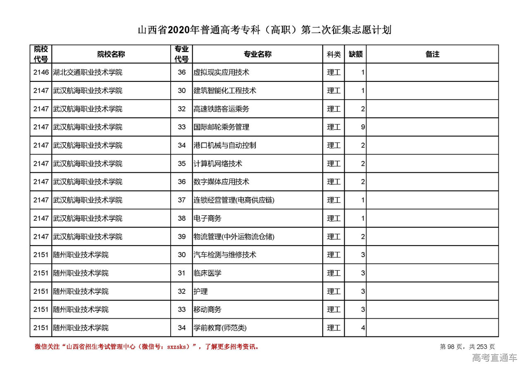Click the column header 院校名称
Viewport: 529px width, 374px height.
coord(111,54)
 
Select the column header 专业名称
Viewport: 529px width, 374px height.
coord(257,54)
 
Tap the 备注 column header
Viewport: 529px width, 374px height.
coord(432,54)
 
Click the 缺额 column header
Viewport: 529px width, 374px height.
coord(355,54)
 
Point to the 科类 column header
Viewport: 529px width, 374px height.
coord(334,54)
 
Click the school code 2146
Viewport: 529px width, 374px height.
coord(41,72)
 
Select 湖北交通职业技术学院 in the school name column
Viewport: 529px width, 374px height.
coord(88,72)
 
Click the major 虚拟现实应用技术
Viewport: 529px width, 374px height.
coord(221,72)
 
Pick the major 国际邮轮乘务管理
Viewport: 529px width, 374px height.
coord(221,127)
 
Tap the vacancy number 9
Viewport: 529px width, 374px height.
coord(362,127)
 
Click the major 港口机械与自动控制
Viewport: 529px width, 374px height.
coord(224,145)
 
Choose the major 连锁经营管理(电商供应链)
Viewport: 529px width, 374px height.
coord(234,200)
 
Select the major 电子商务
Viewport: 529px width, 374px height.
coord(207,218)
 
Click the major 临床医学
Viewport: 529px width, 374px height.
coord(207,273)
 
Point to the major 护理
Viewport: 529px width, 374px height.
coord(200,291)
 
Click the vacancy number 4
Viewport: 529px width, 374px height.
coord(362,328)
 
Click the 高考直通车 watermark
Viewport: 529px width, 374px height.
coord(494,358)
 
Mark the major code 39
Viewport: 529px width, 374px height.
coord(181,237)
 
